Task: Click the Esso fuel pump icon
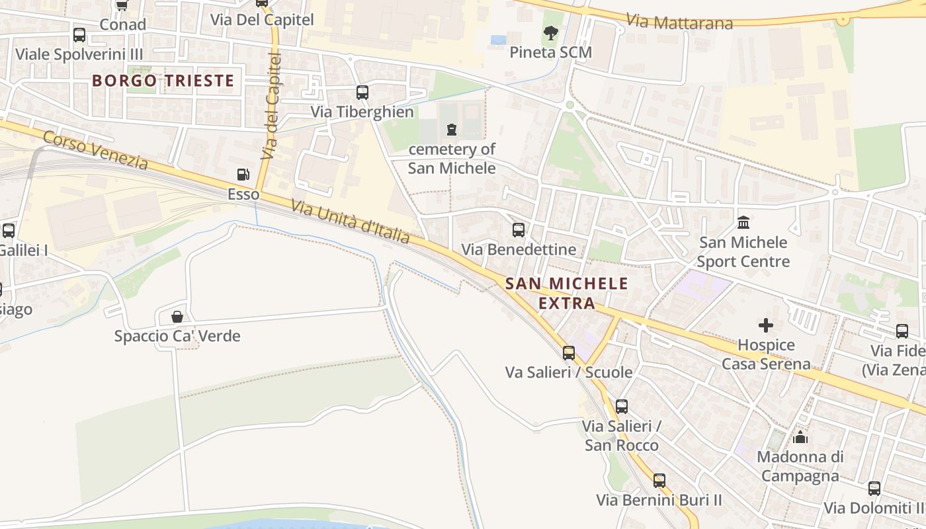coord(243,175)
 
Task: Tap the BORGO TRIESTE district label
coord(163,81)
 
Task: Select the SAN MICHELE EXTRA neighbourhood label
coord(567,294)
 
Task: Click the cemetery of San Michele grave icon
coord(452,129)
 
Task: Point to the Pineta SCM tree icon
coord(550,32)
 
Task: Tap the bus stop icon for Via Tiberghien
coord(362,93)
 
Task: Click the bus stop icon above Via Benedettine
coord(519,230)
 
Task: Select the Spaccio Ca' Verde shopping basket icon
coord(177,317)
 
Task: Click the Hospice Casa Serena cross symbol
coord(766,325)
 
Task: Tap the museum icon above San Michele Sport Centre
coord(743,222)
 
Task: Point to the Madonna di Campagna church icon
coord(800,437)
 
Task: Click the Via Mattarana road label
coord(679,21)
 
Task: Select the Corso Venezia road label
coord(95,150)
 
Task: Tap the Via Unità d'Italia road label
coord(350,222)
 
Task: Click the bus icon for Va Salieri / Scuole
coord(569,353)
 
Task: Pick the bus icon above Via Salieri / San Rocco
coord(621,406)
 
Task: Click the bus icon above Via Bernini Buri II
coord(659,481)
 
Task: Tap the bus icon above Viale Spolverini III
coord(79,35)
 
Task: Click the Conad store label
coord(122,24)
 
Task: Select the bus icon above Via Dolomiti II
coord(874,489)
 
